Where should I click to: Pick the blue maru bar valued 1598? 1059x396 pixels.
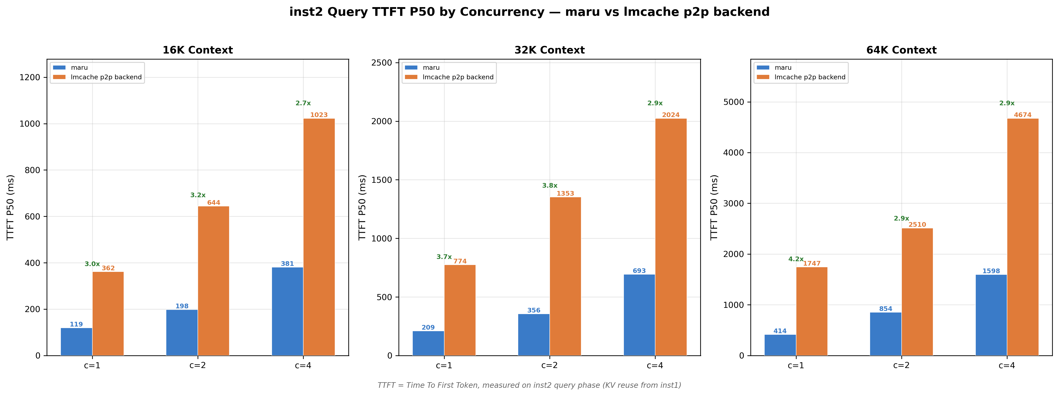coord(991,315)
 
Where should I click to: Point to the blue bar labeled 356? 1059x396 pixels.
coord(534,335)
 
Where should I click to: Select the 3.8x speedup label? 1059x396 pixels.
coord(550,185)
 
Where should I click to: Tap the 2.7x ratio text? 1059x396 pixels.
coord(303,103)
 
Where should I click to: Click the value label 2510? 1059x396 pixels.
coord(917,225)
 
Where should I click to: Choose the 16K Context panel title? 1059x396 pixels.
coord(198,50)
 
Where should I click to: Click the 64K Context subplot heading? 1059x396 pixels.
coord(901,50)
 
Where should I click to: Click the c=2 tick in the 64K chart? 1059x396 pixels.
coord(901,365)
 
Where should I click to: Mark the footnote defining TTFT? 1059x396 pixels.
coord(529,385)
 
